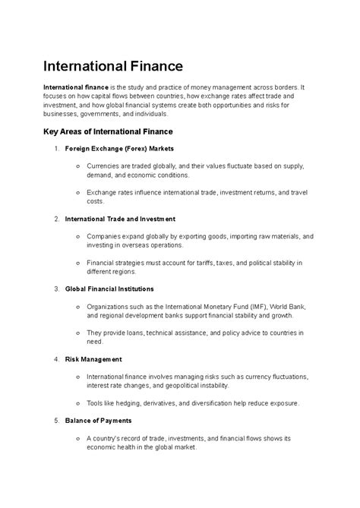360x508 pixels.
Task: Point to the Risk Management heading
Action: point(94,358)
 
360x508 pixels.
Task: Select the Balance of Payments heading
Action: point(99,420)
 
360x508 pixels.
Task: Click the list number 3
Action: point(57,289)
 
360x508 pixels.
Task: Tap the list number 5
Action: point(57,420)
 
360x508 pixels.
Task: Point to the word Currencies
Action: point(106,166)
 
